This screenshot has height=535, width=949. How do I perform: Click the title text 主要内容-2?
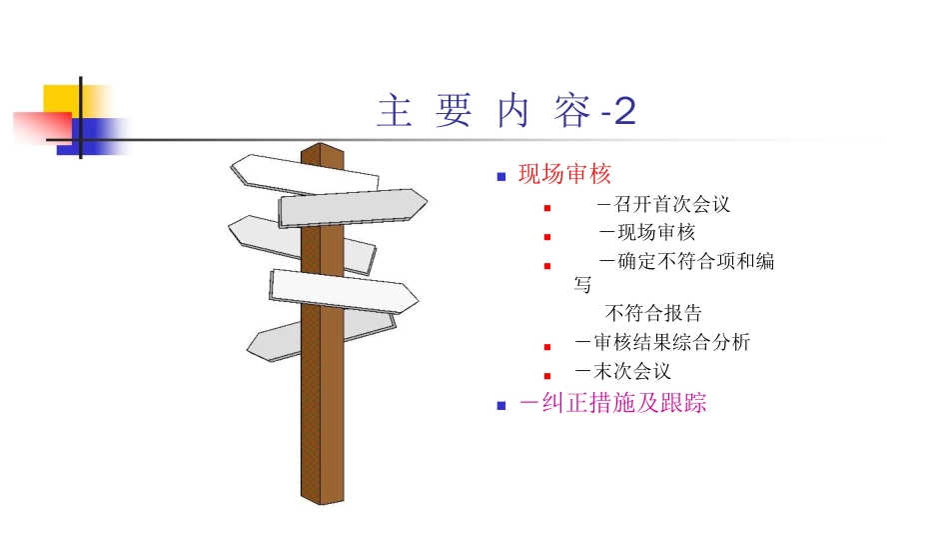point(505,112)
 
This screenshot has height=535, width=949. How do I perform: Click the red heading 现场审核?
point(563,175)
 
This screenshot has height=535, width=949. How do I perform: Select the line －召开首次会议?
point(664,205)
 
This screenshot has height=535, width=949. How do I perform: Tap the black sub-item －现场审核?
point(646,234)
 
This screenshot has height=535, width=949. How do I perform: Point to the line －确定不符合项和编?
point(686,262)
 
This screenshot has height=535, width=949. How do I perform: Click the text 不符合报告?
point(654,314)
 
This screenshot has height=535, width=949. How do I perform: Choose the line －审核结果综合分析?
point(662,343)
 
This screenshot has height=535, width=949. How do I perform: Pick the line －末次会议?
point(622,372)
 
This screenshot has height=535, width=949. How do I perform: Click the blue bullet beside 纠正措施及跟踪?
point(501,406)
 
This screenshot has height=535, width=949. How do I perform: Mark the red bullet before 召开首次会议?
point(547,208)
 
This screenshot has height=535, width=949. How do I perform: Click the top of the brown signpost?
point(322,151)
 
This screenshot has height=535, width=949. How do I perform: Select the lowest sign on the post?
point(290,338)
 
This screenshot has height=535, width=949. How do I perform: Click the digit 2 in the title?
point(625,112)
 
